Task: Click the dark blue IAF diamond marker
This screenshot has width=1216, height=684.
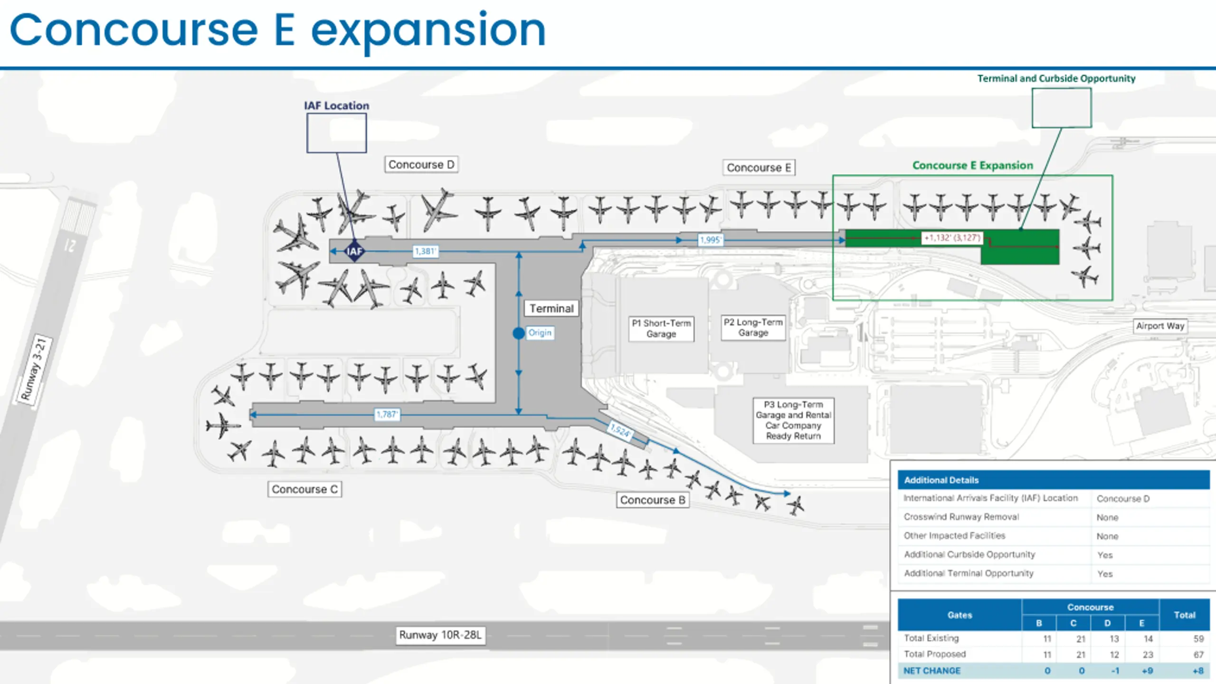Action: [354, 251]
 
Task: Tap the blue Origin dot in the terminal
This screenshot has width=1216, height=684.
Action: [519, 333]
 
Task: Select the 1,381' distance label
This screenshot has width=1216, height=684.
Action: [425, 251]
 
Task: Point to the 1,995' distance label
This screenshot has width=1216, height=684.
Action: [710, 240]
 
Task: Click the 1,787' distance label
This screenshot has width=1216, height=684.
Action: [387, 415]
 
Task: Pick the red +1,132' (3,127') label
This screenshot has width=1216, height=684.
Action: [952, 237]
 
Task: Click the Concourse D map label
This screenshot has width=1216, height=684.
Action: [421, 164]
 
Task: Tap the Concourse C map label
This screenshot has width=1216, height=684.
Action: [304, 489]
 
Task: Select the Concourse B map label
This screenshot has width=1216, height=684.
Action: [653, 500]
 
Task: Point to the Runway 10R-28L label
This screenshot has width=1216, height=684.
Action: [440, 635]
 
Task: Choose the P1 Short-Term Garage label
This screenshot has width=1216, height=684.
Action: [661, 328]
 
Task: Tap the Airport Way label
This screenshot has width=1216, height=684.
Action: [1160, 326]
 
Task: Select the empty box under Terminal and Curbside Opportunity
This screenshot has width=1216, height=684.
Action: [1062, 108]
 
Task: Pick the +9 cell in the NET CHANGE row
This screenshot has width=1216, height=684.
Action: [1147, 671]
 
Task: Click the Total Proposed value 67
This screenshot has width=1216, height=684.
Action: [1198, 655]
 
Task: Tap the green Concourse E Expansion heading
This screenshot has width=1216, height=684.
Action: [972, 165]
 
